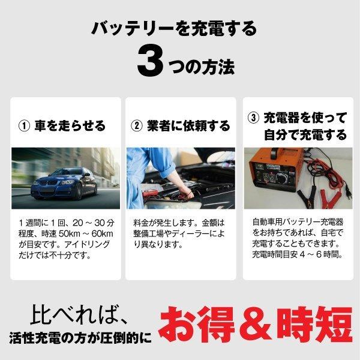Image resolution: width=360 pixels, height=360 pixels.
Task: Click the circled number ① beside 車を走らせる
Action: [25, 126]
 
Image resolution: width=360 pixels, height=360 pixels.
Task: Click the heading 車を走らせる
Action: [71, 126]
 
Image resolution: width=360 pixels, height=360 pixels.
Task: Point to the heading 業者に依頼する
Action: [188, 126]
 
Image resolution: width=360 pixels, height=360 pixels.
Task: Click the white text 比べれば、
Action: [82, 313]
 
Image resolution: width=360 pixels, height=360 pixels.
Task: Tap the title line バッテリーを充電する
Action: [174, 27]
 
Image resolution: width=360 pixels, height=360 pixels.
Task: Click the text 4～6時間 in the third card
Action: [324, 254]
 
